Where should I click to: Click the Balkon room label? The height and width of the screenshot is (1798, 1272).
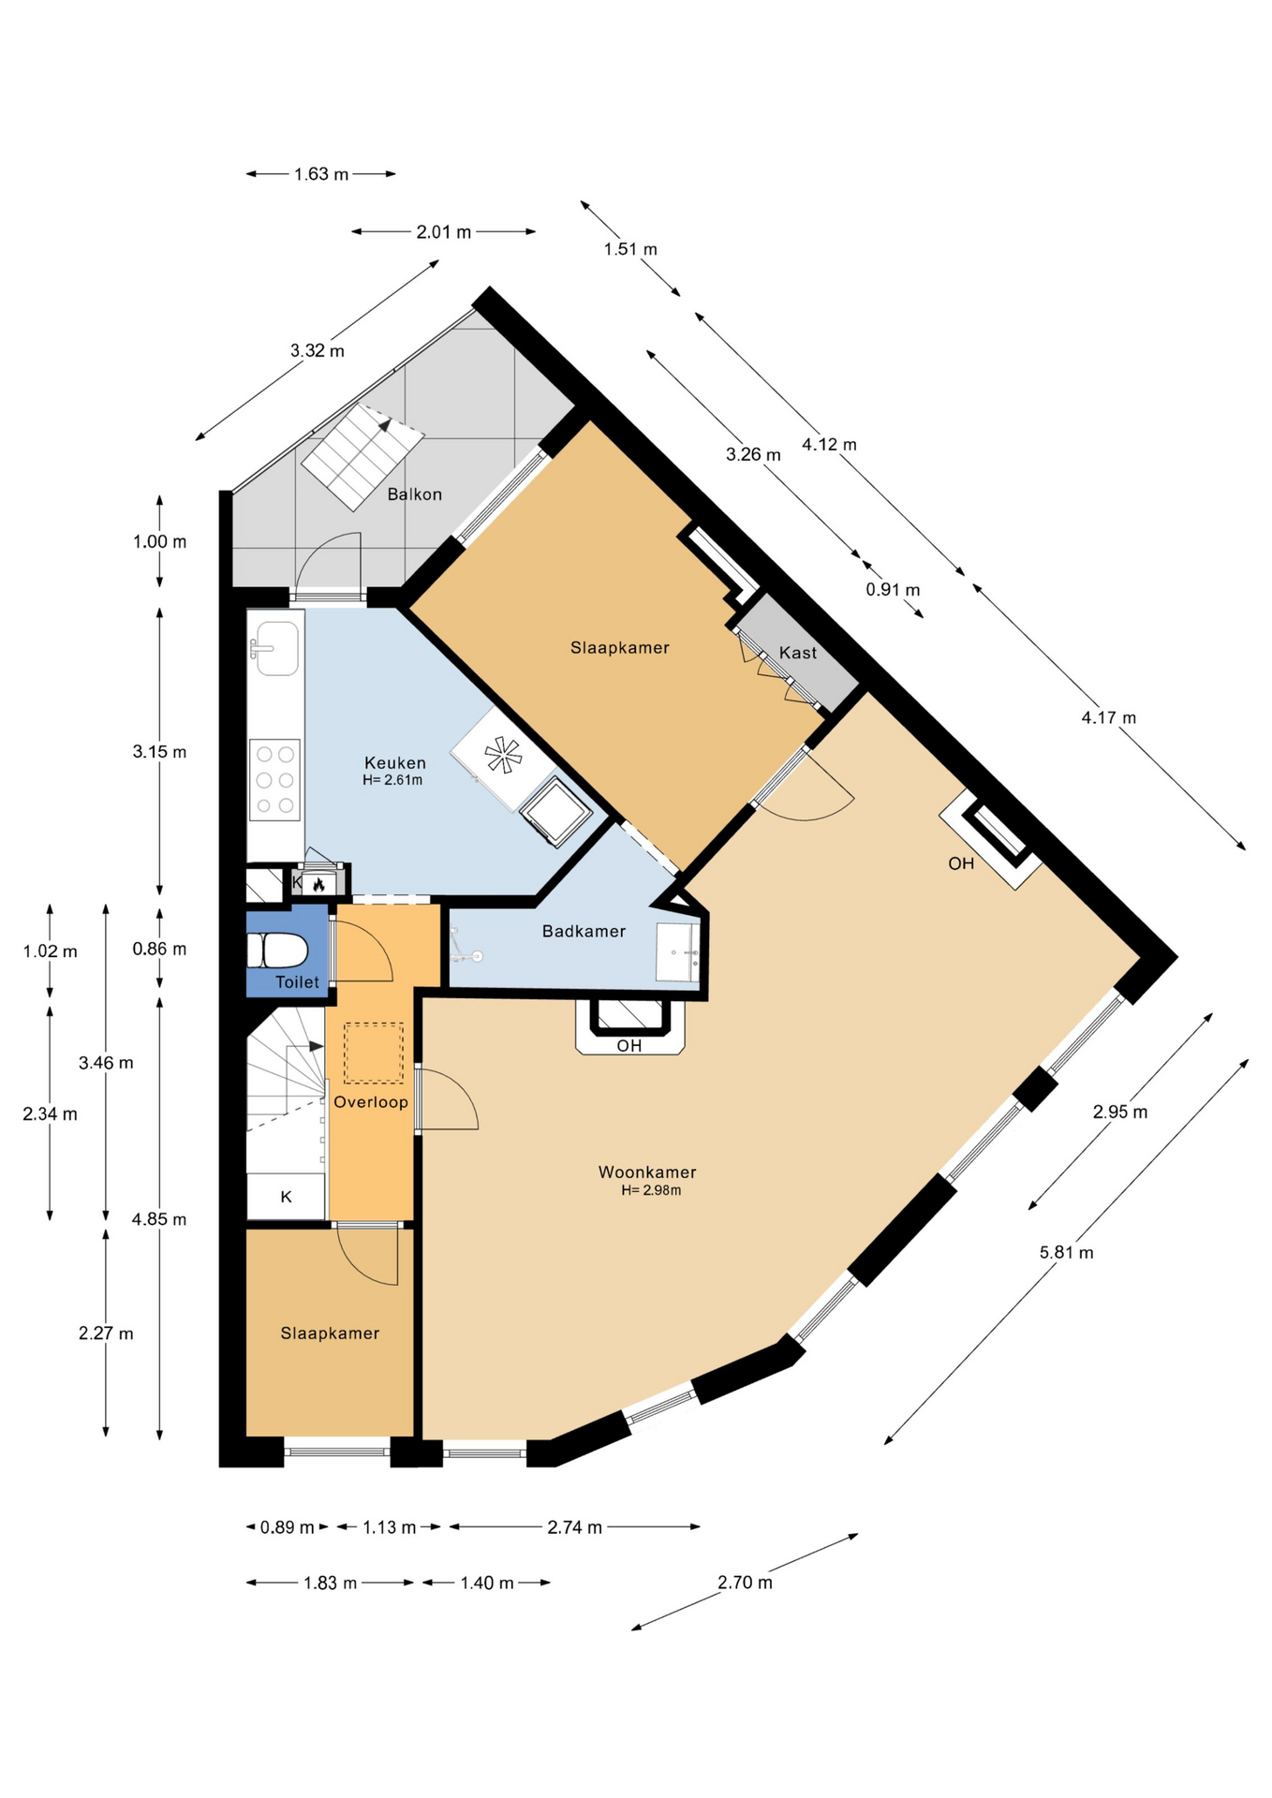(x=414, y=494)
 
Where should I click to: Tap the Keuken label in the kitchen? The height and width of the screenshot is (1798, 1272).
(x=394, y=763)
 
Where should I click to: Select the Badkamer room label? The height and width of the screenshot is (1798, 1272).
(x=584, y=931)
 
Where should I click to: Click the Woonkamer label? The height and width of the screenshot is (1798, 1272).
(x=647, y=1172)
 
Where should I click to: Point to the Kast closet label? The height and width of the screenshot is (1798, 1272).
(x=798, y=653)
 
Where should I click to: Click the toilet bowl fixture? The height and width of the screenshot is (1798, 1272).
(x=277, y=951)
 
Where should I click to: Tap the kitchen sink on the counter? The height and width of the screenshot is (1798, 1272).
(x=274, y=648)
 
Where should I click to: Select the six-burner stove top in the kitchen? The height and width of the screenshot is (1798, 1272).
(x=274, y=779)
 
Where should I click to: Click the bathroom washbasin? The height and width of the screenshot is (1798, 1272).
(x=677, y=952)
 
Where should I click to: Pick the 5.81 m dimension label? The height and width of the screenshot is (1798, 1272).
(x=1066, y=1252)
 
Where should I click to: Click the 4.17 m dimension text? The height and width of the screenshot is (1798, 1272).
(x=1108, y=717)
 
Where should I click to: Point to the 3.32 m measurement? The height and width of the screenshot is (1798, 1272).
(x=317, y=350)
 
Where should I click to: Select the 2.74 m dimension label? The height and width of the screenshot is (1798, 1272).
(x=574, y=1527)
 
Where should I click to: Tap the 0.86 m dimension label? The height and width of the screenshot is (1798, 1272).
(x=159, y=949)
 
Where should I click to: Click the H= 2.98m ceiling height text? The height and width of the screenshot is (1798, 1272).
(x=651, y=1190)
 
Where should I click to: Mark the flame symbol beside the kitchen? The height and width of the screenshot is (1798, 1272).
(x=318, y=883)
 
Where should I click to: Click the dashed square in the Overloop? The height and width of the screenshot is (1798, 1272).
(x=374, y=1053)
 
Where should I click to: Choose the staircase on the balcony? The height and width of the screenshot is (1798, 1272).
(x=362, y=457)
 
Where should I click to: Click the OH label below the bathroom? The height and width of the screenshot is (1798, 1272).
(x=629, y=1045)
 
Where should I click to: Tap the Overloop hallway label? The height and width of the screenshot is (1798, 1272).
(x=371, y=1102)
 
